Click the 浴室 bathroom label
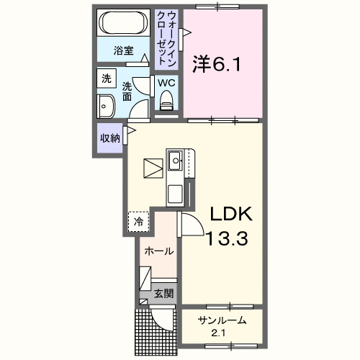tap(124, 50)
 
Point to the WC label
tap(166, 83)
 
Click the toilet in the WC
tap(167, 104)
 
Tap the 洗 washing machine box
tap(107, 78)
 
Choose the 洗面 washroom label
tap(127, 90)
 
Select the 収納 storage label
tap(109, 138)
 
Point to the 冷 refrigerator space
tap(139, 222)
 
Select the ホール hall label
tap(158, 251)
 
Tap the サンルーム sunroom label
tap(223, 320)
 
